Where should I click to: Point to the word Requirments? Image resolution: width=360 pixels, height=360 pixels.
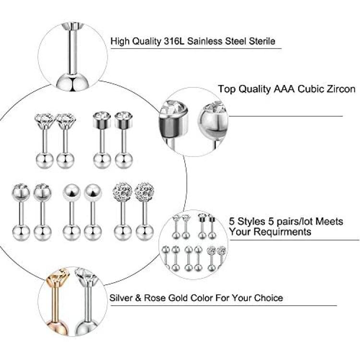pos(285,232)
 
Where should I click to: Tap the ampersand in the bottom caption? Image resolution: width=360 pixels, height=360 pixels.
pos(138,298)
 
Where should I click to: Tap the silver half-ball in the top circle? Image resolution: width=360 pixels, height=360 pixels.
pos(72,82)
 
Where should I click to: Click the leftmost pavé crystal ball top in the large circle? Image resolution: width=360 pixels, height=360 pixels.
pos(122,191)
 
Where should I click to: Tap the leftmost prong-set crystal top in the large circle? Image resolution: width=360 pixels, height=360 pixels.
pos(45,121)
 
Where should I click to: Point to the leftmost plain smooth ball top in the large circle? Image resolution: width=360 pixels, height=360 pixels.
pos(72,192)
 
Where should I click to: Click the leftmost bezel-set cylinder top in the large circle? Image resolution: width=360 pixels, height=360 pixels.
pos(102,120)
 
